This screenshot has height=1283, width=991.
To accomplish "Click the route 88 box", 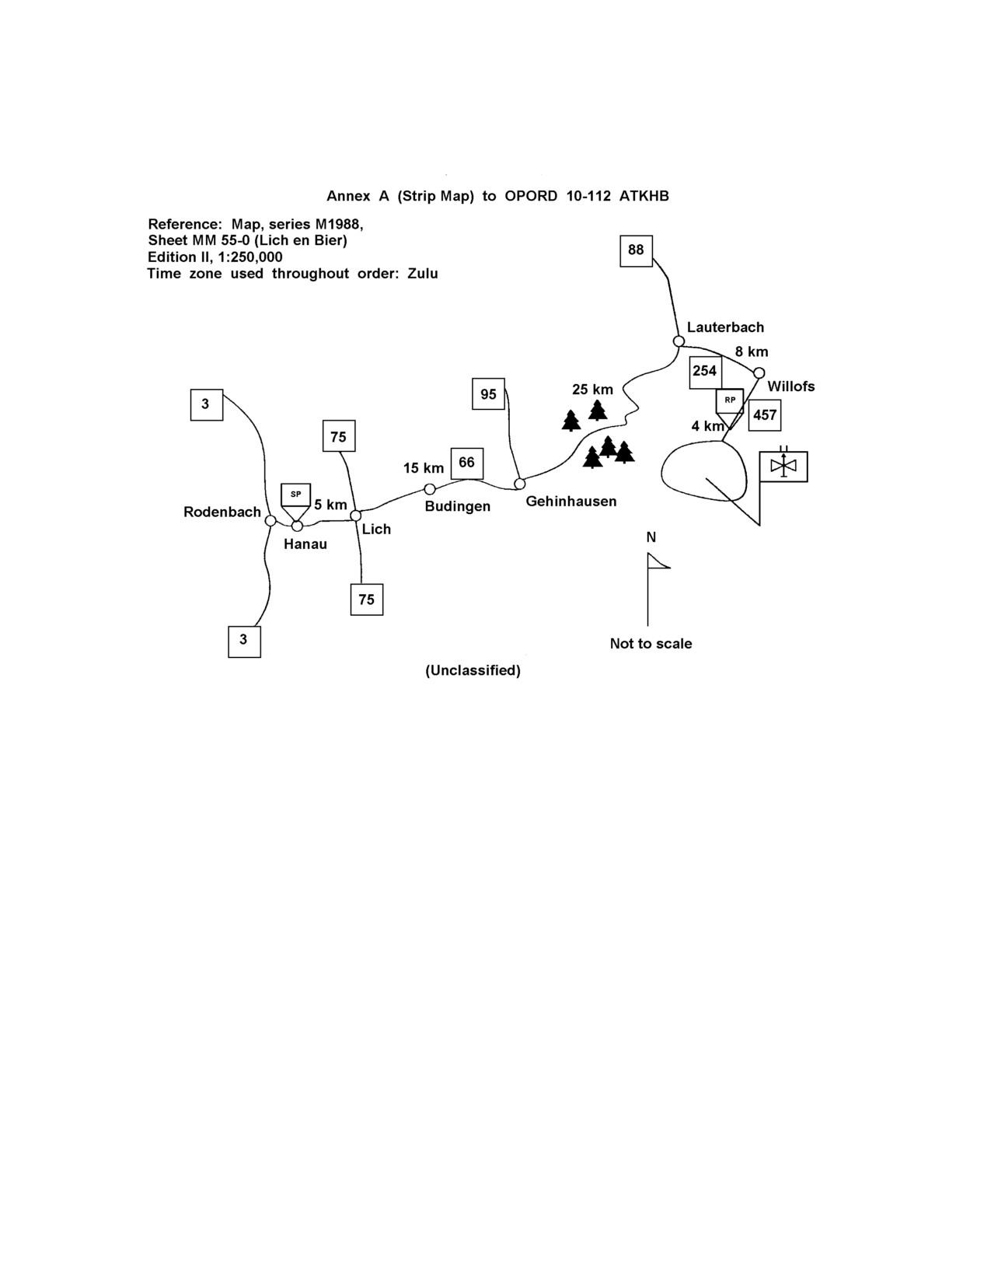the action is tap(636, 250).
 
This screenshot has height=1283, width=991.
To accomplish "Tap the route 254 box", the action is tap(705, 372).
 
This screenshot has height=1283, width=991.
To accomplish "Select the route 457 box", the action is tap(764, 415).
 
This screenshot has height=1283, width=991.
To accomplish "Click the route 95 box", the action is tap(488, 393).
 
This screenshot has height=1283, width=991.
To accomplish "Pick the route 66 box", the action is tap(467, 463).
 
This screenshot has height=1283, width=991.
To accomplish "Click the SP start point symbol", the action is tap(295, 502).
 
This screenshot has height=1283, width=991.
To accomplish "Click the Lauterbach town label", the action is tap(725, 327).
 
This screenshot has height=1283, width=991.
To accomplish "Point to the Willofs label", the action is tap(791, 386).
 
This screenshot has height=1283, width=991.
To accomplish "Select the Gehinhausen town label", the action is tap(571, 502).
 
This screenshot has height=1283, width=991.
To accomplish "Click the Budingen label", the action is tap(458, 506).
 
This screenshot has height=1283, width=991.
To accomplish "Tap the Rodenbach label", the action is tap(222, 512).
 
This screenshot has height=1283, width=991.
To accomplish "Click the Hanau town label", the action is tap(305, 544).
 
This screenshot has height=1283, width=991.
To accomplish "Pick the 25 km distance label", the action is tap(592, 390).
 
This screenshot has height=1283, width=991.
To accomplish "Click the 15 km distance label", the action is tap(423, 468).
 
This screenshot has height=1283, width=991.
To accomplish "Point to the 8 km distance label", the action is tap(752, 352).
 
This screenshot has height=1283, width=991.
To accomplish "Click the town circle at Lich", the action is tap(355, 516).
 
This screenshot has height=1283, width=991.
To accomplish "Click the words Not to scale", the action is tap(651, 644).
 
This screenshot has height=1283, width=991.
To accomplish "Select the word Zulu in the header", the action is tap(423, 274).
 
